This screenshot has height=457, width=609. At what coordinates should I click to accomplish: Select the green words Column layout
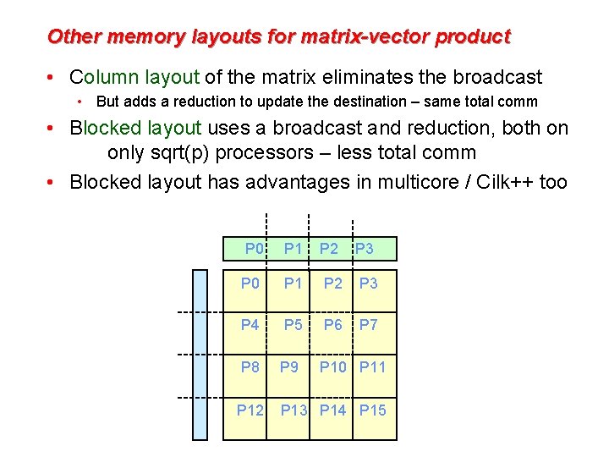click(134, 78)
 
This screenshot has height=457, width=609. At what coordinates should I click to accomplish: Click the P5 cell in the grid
click(293, 325)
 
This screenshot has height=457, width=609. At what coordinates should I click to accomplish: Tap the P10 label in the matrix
click(333, 367)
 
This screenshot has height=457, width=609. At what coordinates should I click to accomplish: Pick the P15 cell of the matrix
click(373, 410)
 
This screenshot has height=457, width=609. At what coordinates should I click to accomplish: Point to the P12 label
click(250, 410)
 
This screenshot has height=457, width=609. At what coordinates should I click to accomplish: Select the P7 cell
click(368, 325)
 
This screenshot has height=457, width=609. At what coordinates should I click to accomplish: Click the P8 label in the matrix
click(250, 367)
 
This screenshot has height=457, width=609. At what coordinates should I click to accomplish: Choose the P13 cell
click(294, 410)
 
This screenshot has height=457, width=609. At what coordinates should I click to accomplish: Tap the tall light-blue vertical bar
click(200, 355)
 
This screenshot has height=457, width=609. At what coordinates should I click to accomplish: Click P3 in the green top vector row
click(365, 250)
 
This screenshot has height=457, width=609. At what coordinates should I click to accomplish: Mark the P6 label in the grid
click(333, 325)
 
